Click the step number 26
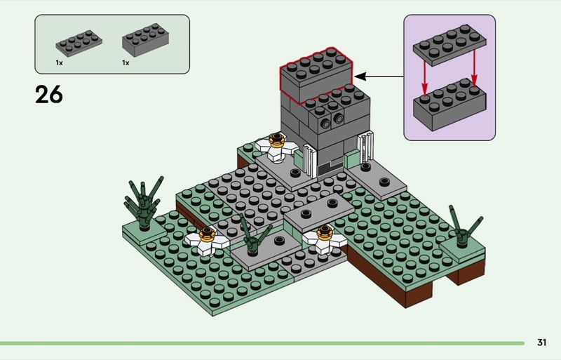pos(48,94)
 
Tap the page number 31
pos(541,342)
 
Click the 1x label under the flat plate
pos(60,62)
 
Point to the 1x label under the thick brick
pos(126,62)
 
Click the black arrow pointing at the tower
pos(378,76)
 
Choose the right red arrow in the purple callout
pos(474,72)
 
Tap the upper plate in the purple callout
pos(450,47)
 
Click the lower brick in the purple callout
pos(450,105)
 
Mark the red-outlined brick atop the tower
pos(317,72)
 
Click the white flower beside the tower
pos(276,146)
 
